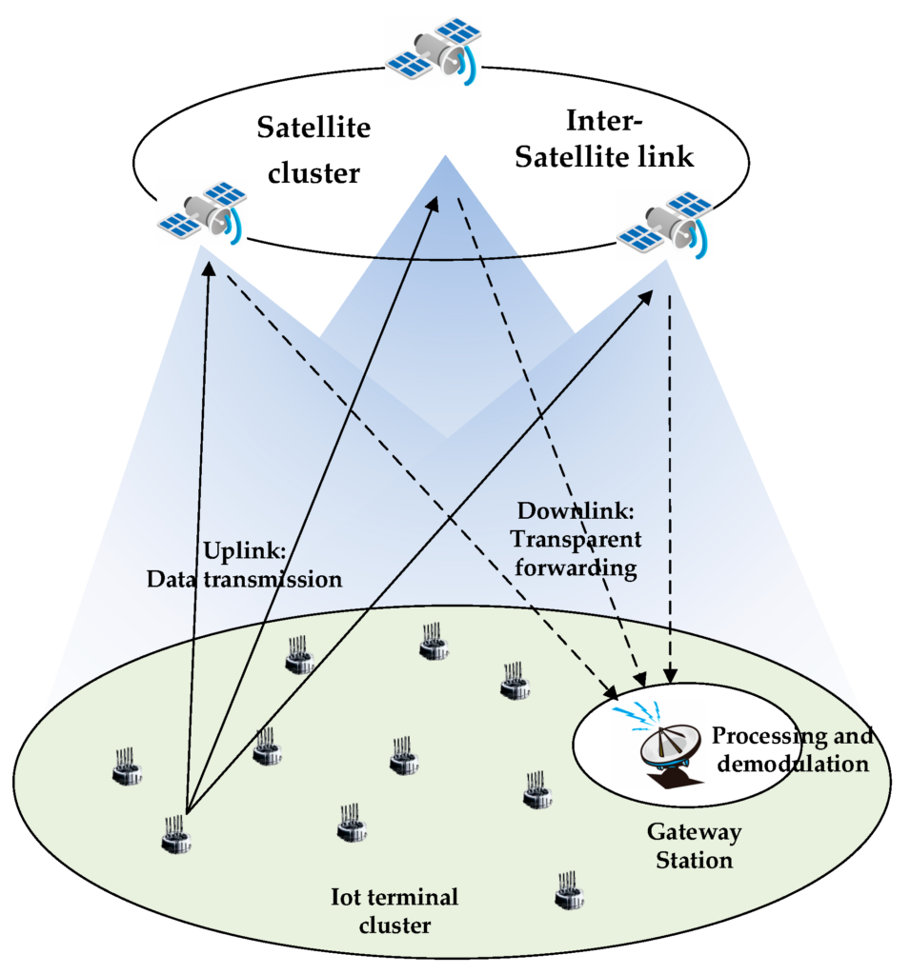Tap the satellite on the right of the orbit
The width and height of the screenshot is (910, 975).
point(665,225)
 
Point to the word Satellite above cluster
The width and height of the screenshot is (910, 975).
point(313,128)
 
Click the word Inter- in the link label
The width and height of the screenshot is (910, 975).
point(604,121)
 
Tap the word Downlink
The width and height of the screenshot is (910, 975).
point(576,511)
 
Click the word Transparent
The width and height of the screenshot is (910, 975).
point(576,539)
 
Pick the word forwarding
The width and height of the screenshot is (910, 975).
point(576,567)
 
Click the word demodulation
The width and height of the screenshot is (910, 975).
point(793,764)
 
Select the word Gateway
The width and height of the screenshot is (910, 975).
point(694,832)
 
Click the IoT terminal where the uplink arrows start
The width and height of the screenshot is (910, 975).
point(176,835)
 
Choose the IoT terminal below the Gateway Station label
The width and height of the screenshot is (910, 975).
point(569,890)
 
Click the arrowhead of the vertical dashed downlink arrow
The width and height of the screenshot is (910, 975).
point(670,675)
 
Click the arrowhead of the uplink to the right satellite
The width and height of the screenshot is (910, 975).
point(645,297)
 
